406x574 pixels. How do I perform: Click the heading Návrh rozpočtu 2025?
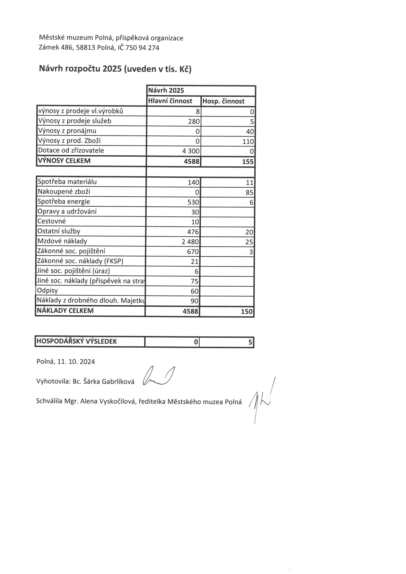point(115,69)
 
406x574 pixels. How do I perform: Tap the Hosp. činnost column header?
point(223,101)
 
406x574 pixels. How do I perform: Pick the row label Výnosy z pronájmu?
point(67,131)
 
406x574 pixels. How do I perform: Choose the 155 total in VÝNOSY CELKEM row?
point(248,162)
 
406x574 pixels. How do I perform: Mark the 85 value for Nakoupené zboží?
point(249,192)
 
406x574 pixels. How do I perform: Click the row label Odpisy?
point(47,291)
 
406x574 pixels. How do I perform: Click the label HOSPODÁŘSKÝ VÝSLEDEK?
point(76,341)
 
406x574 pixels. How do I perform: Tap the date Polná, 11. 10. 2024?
point(66,362)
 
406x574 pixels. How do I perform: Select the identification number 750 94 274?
point(142,48)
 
